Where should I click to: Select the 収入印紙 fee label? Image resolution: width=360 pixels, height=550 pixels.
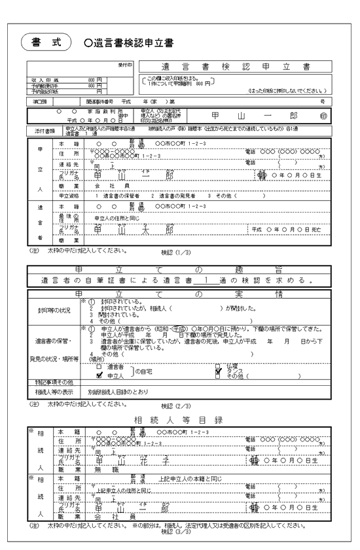click(x=40, y=79)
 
